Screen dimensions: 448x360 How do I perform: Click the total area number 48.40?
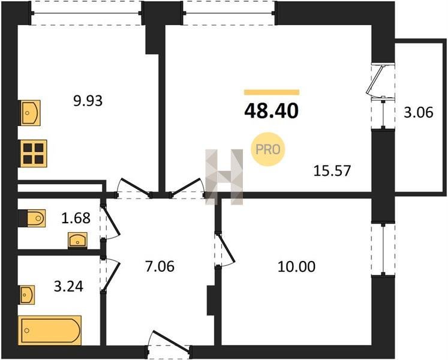click(x=272, y=111)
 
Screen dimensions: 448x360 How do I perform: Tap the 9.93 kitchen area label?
click(x=88, y=101)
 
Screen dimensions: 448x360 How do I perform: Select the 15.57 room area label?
click(x=332, y=171)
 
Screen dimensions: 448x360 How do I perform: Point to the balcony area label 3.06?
click(x=418, y=112)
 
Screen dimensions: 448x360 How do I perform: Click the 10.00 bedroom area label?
click(x=297, y=266)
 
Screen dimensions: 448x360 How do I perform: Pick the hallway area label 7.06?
click(x=160, y=266)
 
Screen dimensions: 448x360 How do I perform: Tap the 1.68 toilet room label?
click(x=76, y=218)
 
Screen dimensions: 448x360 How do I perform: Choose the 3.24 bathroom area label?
click(x=68, y=287)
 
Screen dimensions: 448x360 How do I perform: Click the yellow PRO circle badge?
click(x=268, y=149)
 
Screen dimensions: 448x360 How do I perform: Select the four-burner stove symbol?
click(x=34, y=154)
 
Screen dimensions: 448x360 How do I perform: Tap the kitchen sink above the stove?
click(x=30, y=113)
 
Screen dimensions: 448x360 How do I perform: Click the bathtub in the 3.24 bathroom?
click(x=50, y=330)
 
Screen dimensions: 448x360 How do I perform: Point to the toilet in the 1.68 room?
click(x=36, y=218)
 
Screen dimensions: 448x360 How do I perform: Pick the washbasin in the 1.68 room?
click(x=77, y=240)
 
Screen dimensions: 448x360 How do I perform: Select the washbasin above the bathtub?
click(x=28, y=295)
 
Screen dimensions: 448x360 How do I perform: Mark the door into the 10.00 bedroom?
click(x=225, y=250)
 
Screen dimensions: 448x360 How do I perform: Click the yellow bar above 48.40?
click(x=272, y=92)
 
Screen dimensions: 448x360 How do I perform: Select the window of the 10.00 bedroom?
click(x=383, y=249)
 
